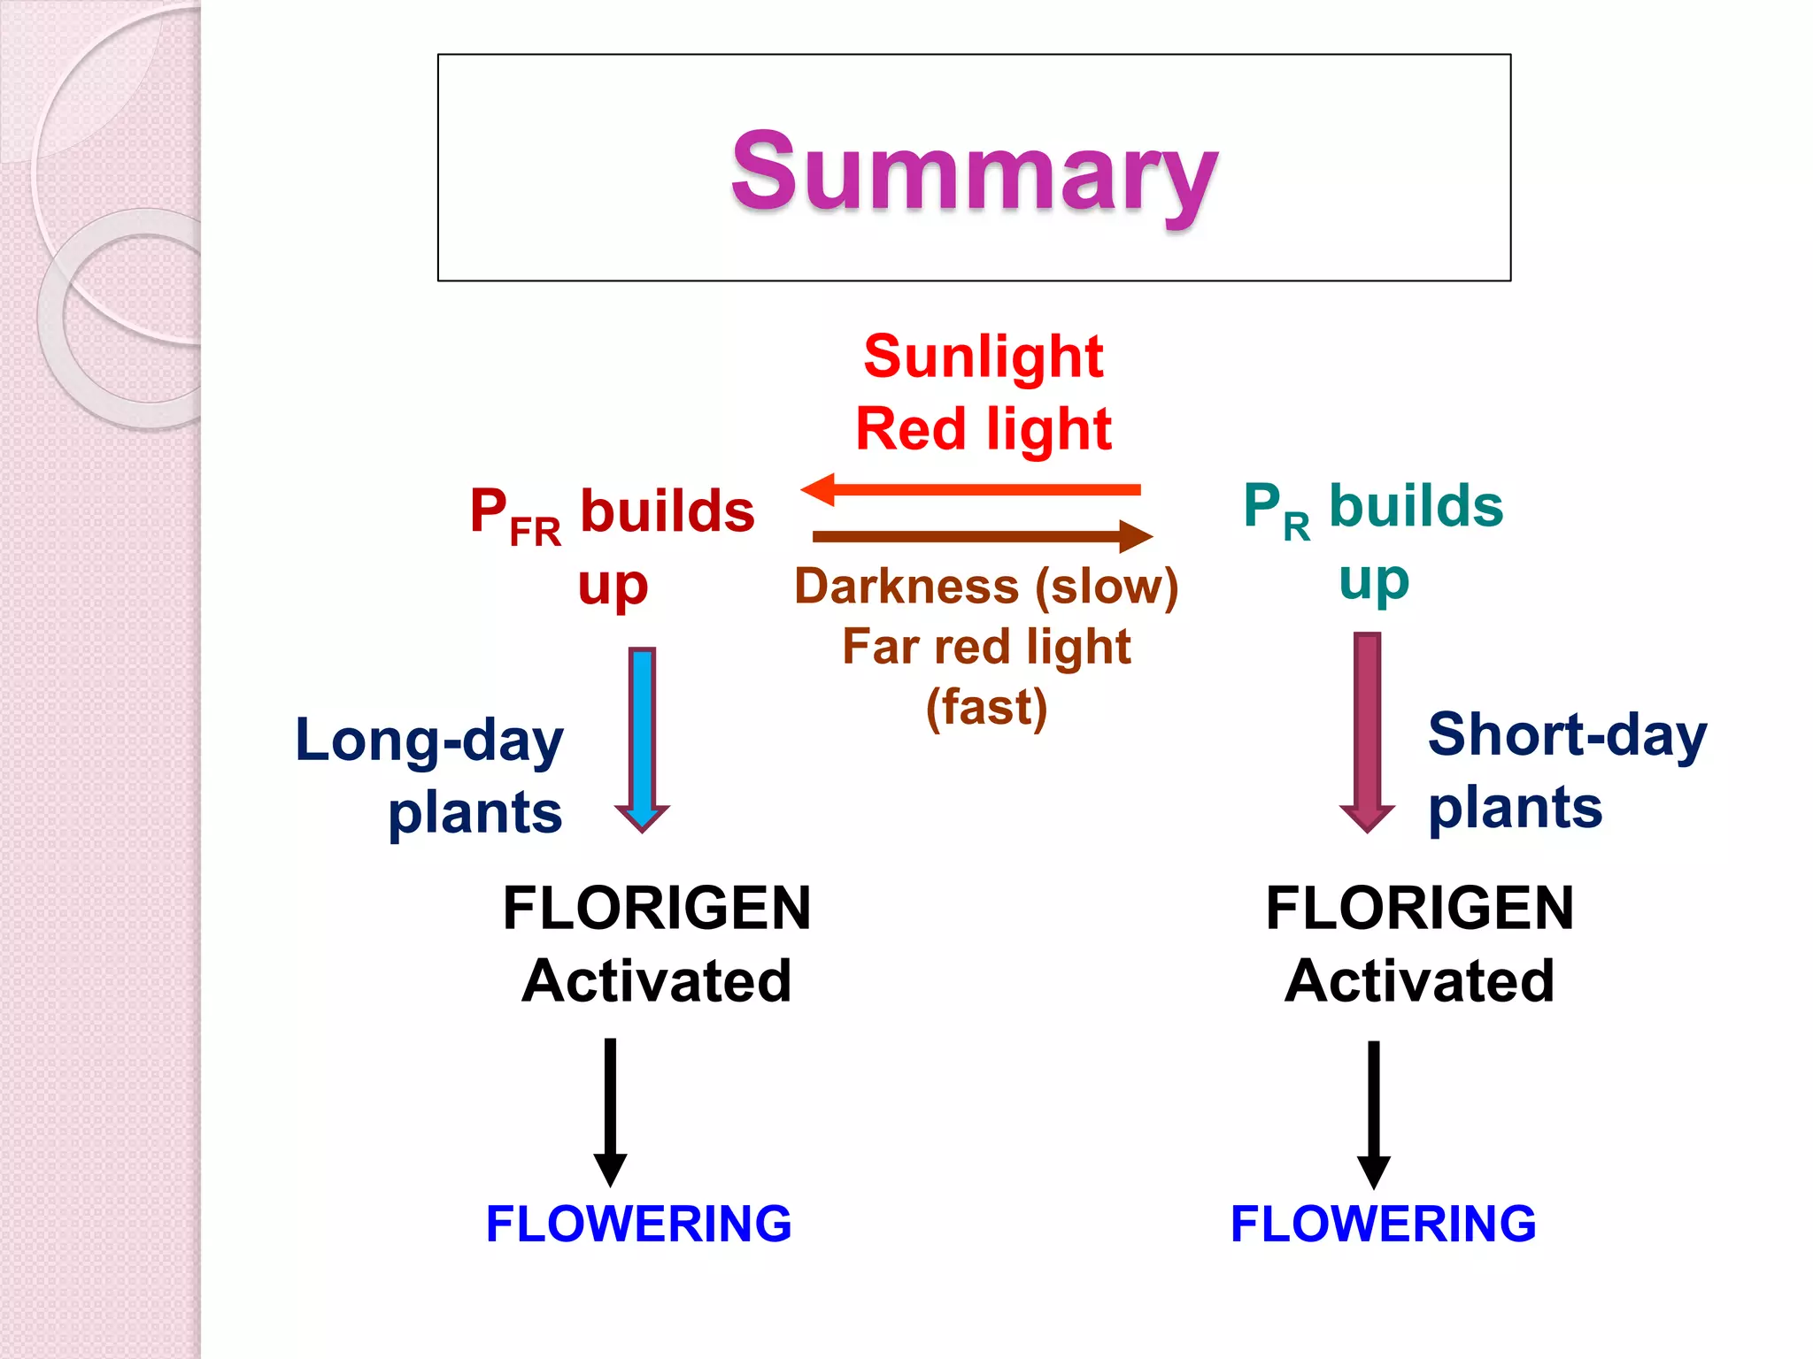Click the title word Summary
974,173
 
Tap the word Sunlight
984,357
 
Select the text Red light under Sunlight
984,430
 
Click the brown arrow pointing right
983,536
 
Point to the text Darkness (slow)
986,587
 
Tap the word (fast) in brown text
986,708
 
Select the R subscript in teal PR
1296,528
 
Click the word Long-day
429,741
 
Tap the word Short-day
1567,735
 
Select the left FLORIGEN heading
657,909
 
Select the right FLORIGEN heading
1419,909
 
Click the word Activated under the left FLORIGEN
657,981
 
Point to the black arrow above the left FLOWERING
610,1111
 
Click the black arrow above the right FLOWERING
1373,1114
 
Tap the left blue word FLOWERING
638,1225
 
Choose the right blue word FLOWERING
1383,1225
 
